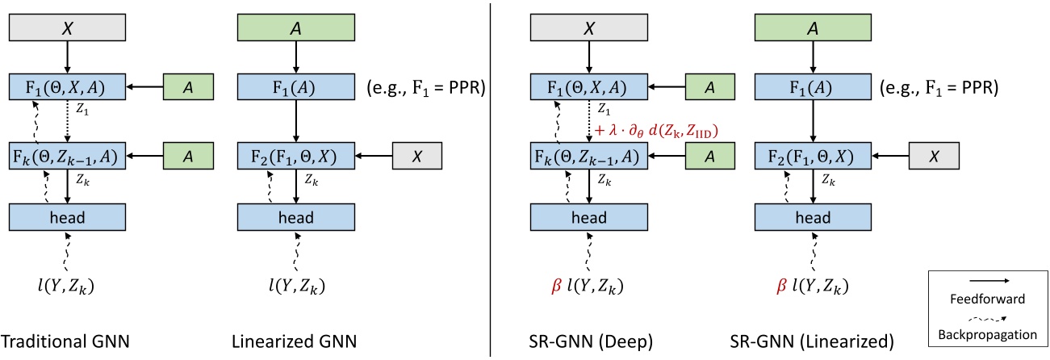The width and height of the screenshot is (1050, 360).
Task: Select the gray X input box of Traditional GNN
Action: [x=68, y=28]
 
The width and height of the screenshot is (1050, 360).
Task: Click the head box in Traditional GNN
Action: [x=68, y=216]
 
